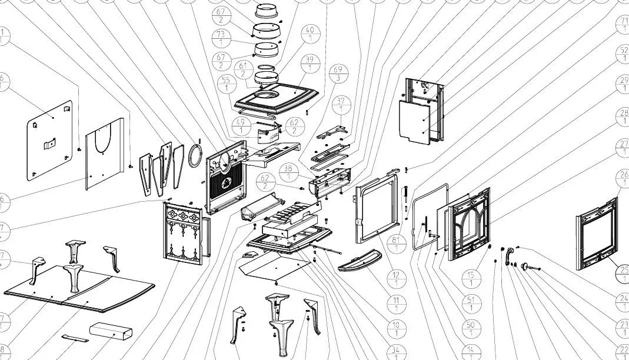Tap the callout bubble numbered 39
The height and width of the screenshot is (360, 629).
point(309,64)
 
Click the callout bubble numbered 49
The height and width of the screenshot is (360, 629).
point(241,125)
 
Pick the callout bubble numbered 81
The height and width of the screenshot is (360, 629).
point(395,243)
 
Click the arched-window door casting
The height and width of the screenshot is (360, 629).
point(469,223)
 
